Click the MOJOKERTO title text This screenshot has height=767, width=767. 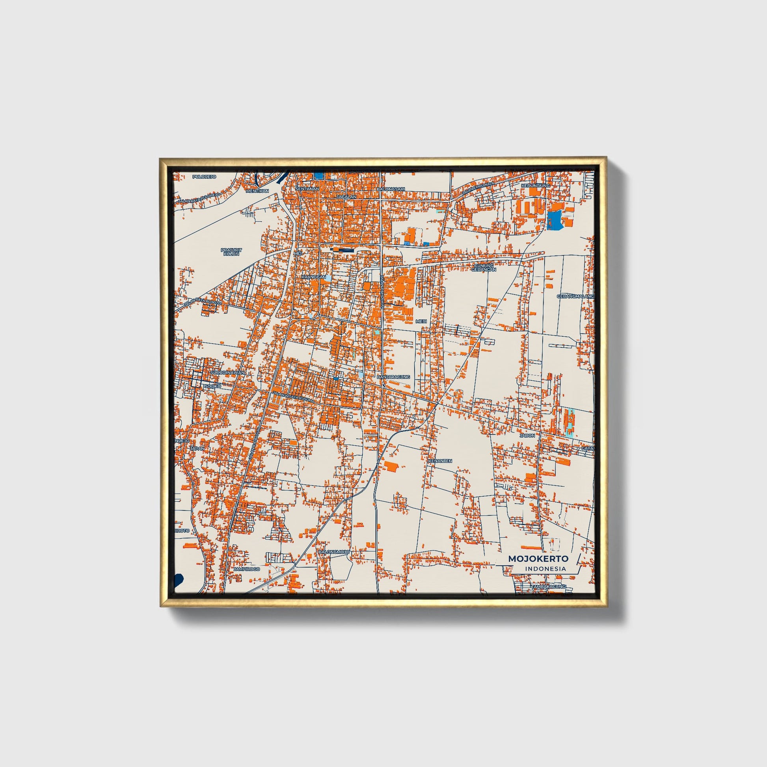pos(538,558)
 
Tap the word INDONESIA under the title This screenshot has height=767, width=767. pos(545,568)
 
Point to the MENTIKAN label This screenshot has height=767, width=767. pos(258,191)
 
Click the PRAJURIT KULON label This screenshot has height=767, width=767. pos(231,252)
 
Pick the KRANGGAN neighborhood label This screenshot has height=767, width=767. pos(314,277)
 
